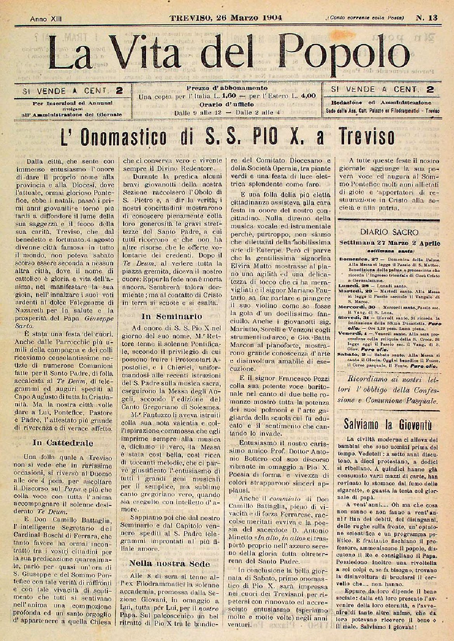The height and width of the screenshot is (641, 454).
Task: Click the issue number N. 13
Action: pyautogui.click(x=426, y=17)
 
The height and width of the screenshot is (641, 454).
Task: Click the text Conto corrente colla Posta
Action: pyautogui.click(x=360, y=18)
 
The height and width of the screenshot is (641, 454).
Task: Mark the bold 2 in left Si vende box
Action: pyautogui.click(x=119, y=91)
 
